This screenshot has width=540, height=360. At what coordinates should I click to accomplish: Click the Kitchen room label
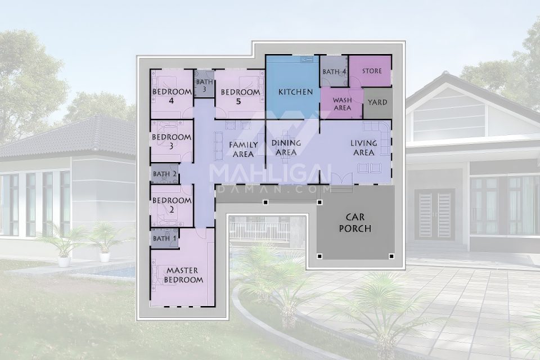tap(295, 92)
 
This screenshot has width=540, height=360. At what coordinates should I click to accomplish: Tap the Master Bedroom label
tap(183, 275)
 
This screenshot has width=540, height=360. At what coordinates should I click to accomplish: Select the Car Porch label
tap(355, 223)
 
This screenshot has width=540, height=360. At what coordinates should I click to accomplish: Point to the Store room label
tap(372, 71)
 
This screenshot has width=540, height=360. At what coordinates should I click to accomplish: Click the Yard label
tap(377, 102)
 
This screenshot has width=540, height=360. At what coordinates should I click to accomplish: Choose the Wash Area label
tap(343, 104)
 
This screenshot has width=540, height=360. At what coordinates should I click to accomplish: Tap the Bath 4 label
tap(334, 72)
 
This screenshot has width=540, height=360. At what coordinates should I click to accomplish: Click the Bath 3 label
tap(205, 85)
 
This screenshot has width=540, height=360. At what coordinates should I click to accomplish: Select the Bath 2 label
tap(165, 174)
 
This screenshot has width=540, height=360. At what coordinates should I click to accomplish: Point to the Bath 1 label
tap(165, 238)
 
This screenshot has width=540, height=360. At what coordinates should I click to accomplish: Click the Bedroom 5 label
tap(240, 97)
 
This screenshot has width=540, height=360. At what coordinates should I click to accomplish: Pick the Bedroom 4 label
tap(172, 96)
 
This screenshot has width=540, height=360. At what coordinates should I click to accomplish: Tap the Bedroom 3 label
tap(172, 141)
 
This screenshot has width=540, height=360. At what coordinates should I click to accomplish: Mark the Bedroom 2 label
tap(172, 205)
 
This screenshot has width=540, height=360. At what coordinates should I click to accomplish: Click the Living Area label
tap(364, 147)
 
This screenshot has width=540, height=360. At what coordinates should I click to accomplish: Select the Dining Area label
tap(286, 147)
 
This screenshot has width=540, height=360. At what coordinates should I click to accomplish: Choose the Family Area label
tap(243, 150)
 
